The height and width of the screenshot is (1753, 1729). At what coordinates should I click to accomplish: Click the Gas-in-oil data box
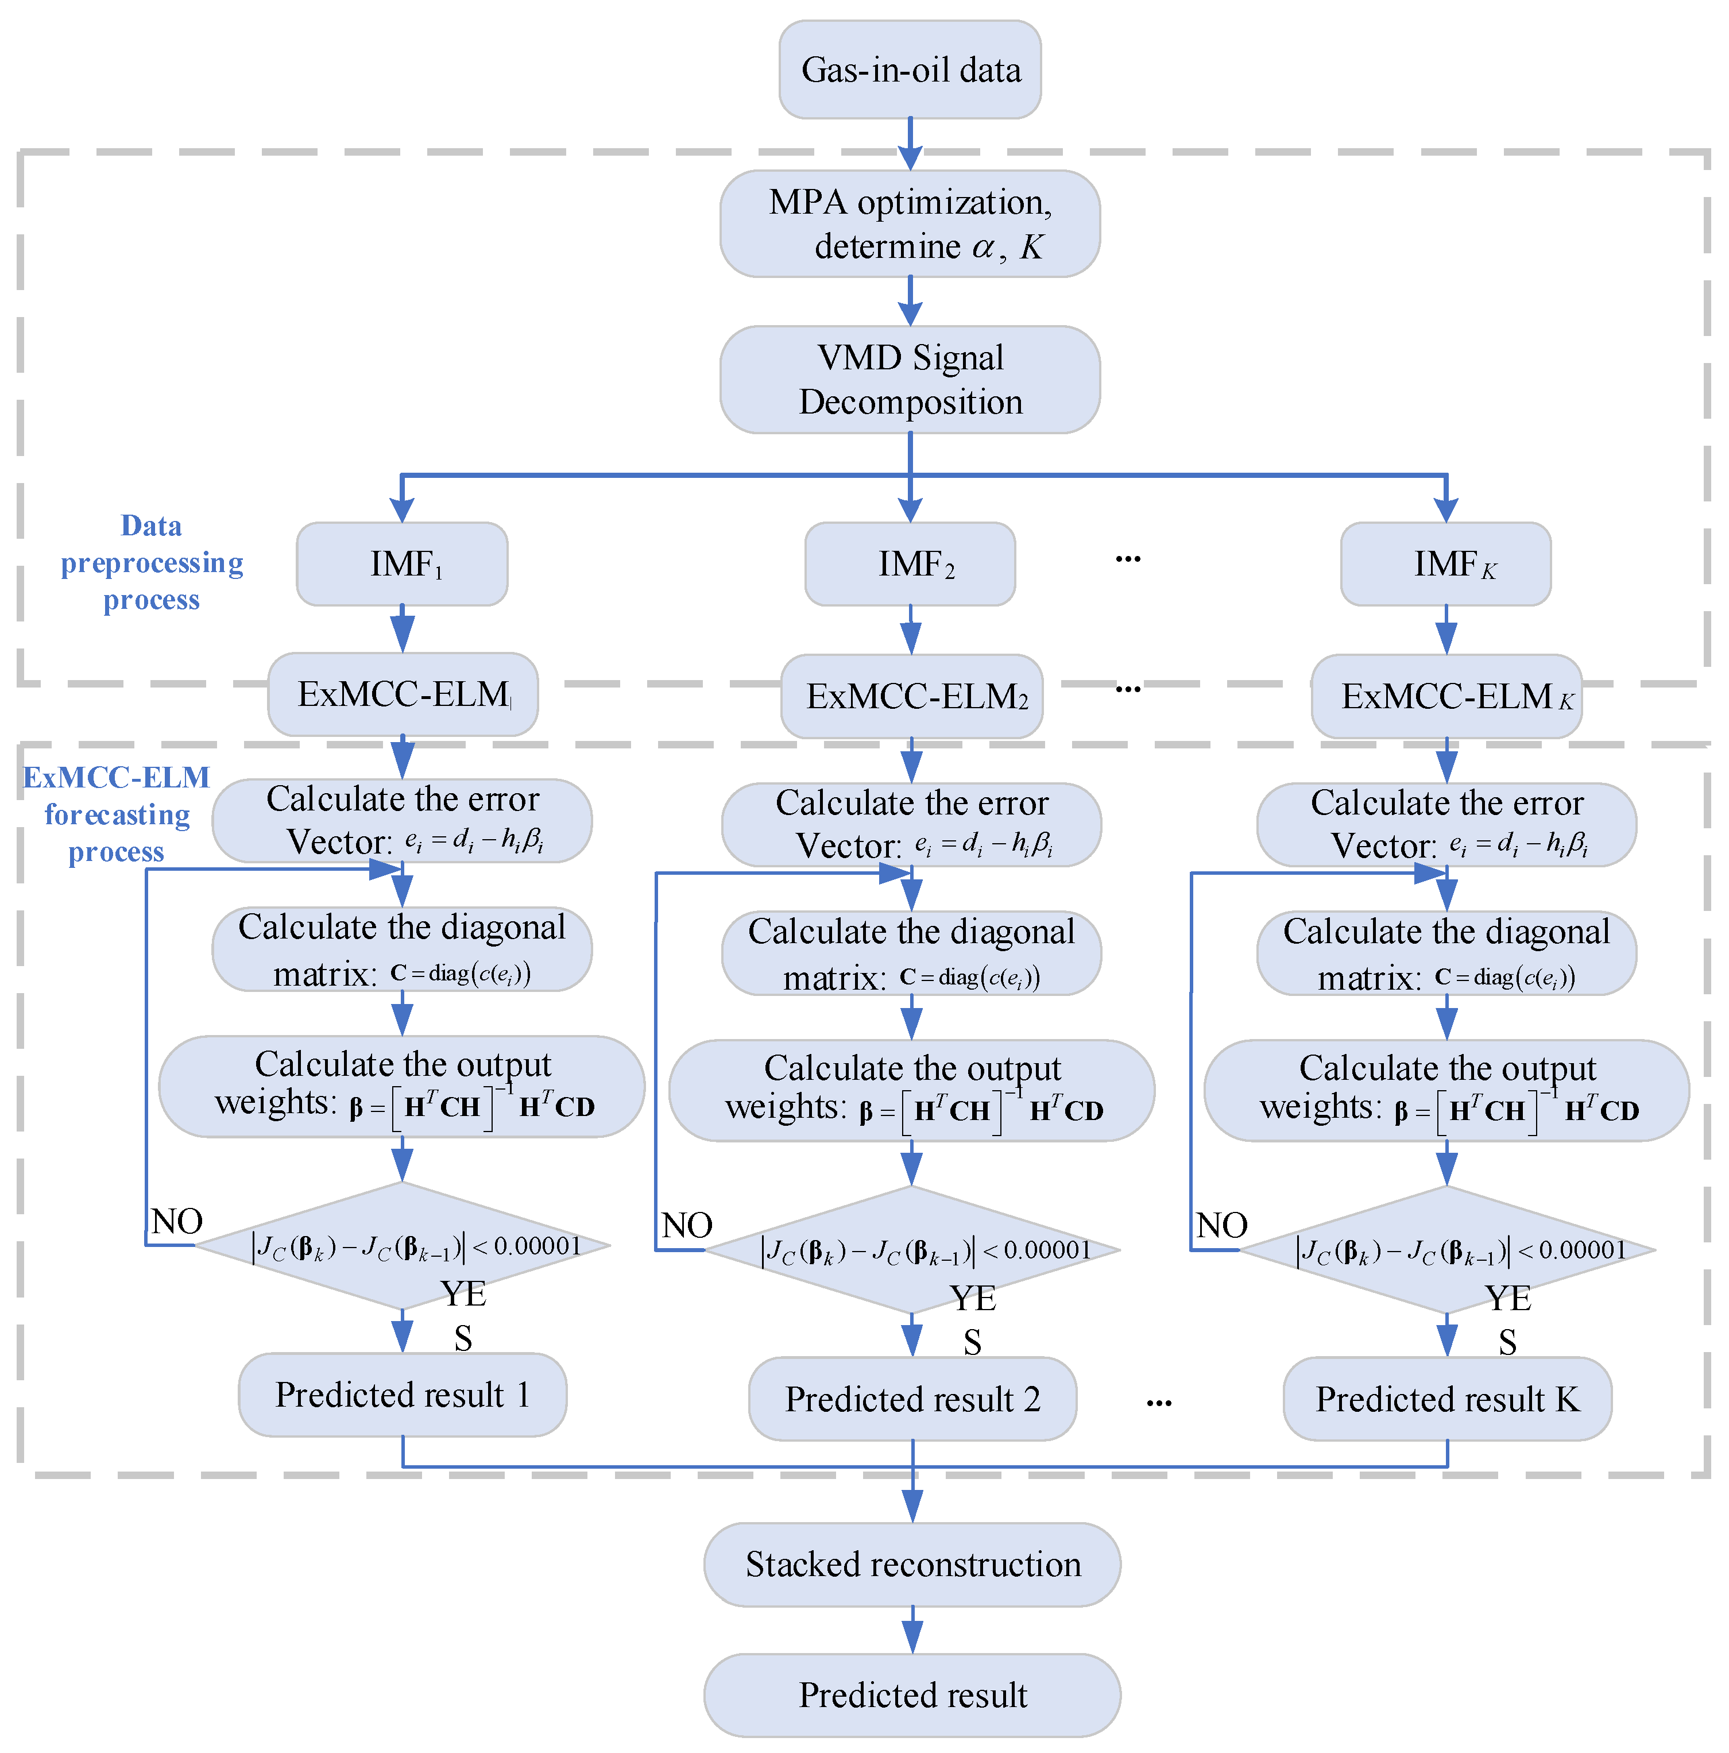pos(909,70)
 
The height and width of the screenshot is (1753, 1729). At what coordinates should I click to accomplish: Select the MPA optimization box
pos(909,223)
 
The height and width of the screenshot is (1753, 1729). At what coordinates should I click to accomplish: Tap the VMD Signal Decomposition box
pos(909,379)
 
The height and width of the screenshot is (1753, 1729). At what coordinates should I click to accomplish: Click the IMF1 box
pos(402,563)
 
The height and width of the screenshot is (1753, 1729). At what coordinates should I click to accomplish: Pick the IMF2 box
pos(909,563)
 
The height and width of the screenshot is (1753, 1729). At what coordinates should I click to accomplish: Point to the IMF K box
pos(1445,563)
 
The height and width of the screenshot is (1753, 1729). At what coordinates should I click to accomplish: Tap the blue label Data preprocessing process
pos(152,562)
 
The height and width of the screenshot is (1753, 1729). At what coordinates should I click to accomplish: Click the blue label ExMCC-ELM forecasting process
pos(116,814)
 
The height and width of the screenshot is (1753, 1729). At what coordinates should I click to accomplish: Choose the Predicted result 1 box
pos(402,1395)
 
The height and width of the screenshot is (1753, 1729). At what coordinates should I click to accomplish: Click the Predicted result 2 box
pos(912,1398)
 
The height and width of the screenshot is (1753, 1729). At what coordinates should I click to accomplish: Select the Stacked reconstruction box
pos(912,1564)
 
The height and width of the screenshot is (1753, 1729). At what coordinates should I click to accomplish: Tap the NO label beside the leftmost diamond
pos(177,1221)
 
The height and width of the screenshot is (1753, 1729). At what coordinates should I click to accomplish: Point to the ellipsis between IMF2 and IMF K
pos(1128,559)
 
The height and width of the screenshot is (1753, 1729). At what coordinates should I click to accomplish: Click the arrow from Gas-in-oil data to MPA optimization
pos(910,144)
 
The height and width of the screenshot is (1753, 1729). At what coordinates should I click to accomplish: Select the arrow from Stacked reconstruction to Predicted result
pos(912,1630)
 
